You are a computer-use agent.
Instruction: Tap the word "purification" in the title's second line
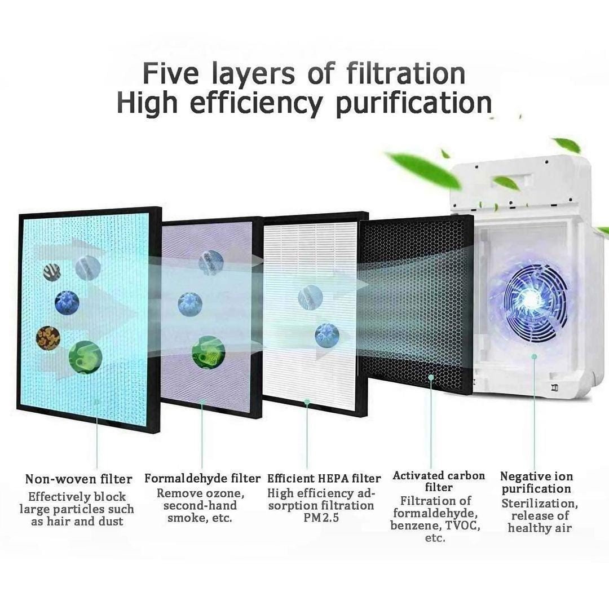[x=414, y=104]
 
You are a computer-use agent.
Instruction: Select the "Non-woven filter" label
[x=79, y=479]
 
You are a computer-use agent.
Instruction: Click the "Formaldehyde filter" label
[x=202, y=478]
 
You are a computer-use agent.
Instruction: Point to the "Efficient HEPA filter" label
[x=324, y=478]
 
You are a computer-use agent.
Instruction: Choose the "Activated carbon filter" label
[x=439, y=482]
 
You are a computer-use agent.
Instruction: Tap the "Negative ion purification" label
[x=536, y=482]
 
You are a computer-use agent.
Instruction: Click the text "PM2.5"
[x=321, y=518]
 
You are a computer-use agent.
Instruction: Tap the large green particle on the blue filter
[x=86, y=358]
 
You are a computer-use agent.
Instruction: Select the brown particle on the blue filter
[x=48, y=338]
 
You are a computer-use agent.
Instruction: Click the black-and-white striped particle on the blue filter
[x=52, y=272]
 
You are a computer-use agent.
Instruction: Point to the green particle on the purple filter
[x=209, y=352]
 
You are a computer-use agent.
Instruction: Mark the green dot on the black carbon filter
[x=430, y=377]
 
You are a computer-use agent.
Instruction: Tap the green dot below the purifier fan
[x=535, y=356]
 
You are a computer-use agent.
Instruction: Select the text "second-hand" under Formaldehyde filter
[x=200, y=505]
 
